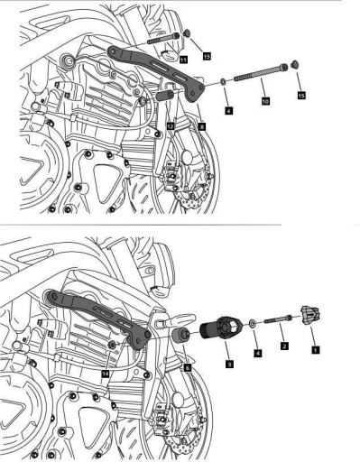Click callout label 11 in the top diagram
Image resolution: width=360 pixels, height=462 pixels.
[182, 59]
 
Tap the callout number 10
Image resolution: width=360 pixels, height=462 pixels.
[264, 104]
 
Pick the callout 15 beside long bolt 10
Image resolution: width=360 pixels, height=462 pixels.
[301, 94]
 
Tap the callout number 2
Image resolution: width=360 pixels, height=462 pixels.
[283, 346]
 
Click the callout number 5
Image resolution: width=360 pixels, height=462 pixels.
[229, 362]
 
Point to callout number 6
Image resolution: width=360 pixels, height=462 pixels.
[187, 368]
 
